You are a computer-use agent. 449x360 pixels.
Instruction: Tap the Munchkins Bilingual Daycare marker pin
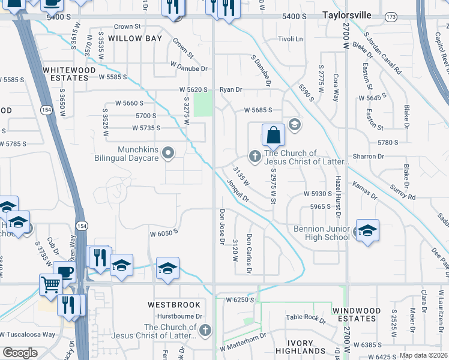[x=169, y=152]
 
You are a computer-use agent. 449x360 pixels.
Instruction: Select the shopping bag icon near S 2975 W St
[x=273, y=135]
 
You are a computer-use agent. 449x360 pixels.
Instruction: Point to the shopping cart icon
[x=50, y=284]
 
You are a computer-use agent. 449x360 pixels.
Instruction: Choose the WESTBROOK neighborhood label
[x=173, y=305]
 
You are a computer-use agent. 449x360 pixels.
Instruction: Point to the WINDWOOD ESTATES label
[x=356, y=314]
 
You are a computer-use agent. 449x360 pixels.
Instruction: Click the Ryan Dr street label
[x=231, y=89]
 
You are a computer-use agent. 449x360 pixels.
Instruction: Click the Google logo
[x=20, y=353]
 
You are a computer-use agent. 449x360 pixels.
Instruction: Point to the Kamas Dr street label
[x=364, y=191]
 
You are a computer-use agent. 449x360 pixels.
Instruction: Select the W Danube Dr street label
[x=188, y=68]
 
